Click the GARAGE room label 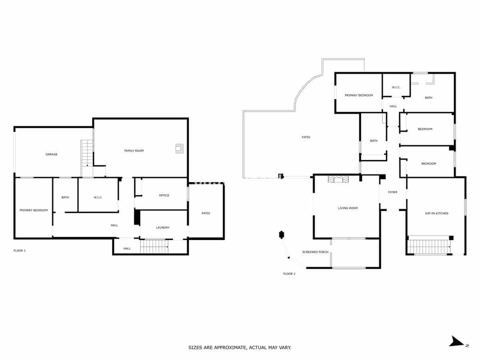tap(51, 154)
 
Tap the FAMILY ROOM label tap(134, 151)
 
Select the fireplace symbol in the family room tap(179, 148)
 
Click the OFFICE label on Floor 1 tap(164, 196)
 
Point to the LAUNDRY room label tap(163, 228)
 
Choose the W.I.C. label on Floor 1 tap(98, 197)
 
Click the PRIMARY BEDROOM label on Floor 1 tap(34, 210)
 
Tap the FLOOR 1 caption tap(20, 250)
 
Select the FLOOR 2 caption tap(289, 274)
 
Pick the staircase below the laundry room tap(154, 246)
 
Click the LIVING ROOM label tap(348, 208)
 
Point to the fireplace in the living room tap(338, 179)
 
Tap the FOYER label tap(393, 192)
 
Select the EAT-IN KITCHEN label tap(436, 214)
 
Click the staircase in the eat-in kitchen tap(429, 246)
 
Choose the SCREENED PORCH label tap(315, 252)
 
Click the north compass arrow tap(456, 342)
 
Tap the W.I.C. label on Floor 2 tap(396, 87)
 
